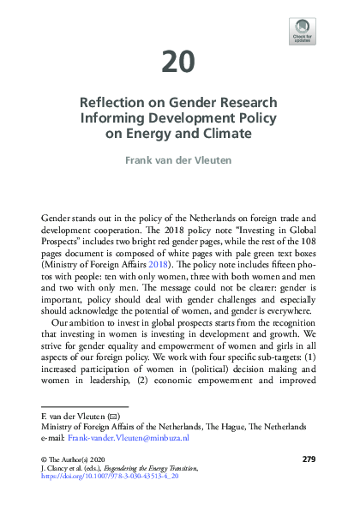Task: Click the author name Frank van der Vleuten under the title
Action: [x=179, y=159]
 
